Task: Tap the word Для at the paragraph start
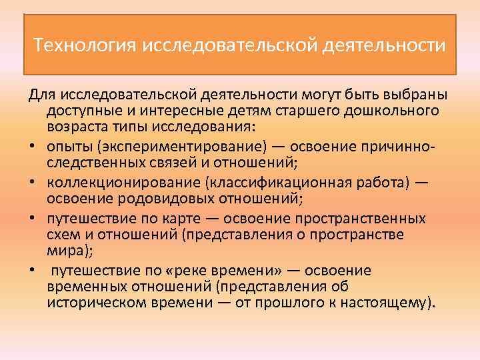pyautogui.click(x=40, y=93)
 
